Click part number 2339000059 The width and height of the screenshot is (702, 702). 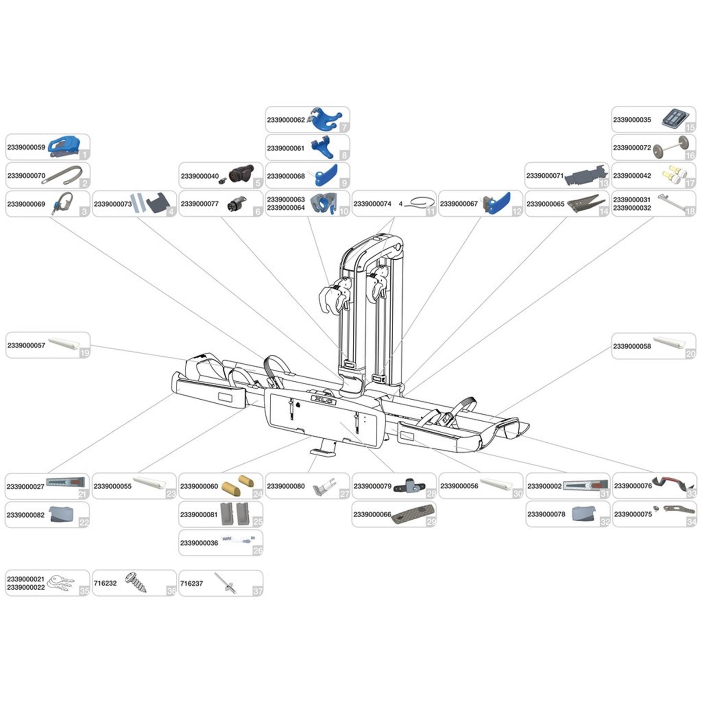tap(26, 147)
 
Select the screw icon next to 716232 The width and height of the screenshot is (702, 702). tap(136, 583)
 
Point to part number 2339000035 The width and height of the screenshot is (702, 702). tap(632, 120)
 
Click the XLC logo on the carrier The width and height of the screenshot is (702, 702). tap(324, 400)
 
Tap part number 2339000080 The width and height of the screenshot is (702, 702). tap(286, 486)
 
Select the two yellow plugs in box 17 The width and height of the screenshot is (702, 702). tap(674, 175)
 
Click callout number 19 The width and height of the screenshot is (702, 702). tap(85, 353)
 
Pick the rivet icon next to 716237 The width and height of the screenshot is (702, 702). tap(226, 584)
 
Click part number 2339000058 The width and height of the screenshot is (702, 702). tap(632, 346)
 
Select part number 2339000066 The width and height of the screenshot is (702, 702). tap(372, 514)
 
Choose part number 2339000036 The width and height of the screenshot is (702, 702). tap(199, 543)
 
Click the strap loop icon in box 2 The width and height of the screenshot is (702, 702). tap(65, 175)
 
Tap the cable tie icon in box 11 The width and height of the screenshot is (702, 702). tap(419, 203)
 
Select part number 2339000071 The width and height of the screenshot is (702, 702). tap(544, 176)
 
